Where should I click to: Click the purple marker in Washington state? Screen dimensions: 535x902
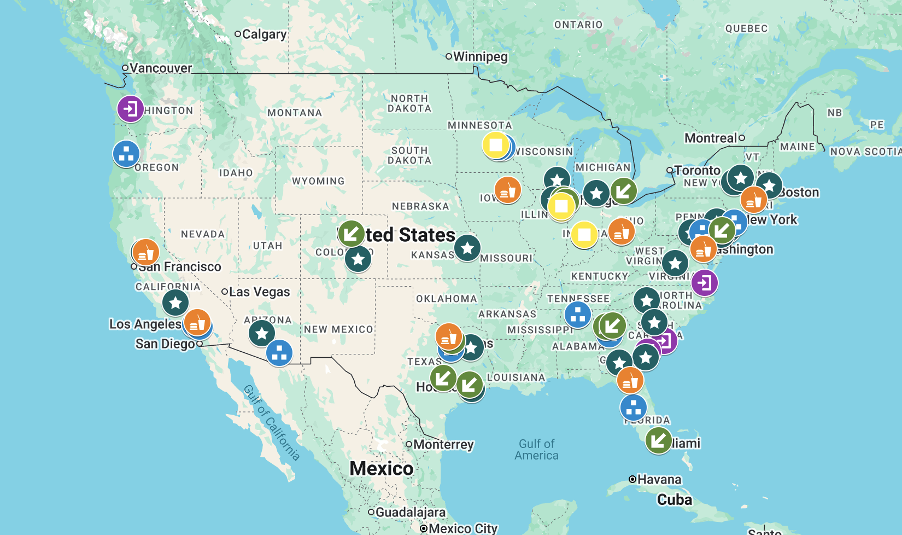(131, 109)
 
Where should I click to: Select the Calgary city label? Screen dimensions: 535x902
(263, 34)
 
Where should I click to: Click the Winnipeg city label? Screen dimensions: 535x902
(480, 57)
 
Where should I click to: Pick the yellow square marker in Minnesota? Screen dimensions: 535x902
(496, 145)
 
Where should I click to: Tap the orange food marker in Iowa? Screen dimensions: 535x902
(507, 190)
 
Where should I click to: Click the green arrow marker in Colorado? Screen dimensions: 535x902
(351, 234)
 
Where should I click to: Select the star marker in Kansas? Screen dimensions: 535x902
(467, 248)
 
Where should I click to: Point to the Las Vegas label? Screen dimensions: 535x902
(259, 292)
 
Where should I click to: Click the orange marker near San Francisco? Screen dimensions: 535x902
(145, 253)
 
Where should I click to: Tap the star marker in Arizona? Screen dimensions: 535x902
(262, 333)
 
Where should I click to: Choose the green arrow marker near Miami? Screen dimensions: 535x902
(658, 440)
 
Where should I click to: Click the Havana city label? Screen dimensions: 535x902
(659, 480)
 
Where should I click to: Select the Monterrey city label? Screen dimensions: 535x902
(443, 445)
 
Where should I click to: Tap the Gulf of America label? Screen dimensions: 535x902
(536, 450)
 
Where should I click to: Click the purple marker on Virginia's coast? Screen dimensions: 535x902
(705, 283)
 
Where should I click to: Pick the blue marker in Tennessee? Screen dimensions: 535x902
(578, 315)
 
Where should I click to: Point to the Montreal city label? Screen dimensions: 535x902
(711, 138)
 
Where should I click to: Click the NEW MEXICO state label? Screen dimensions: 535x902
(338, 329)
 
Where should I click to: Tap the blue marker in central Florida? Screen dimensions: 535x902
(634, 408)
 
